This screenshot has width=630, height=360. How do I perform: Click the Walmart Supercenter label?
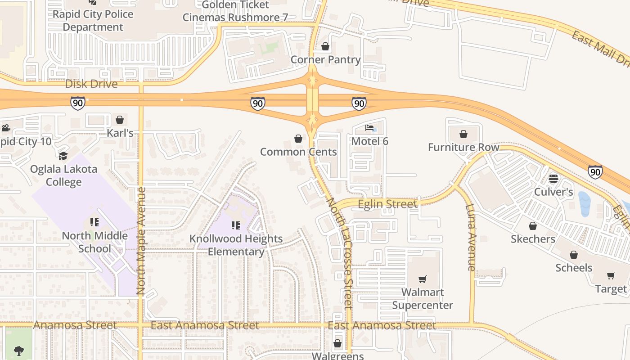click(422, 299)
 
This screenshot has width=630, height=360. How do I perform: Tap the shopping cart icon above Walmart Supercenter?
click(422, 279)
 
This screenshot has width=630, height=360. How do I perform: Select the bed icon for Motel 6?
click(369, 128)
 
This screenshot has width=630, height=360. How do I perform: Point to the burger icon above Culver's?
click(553, 179)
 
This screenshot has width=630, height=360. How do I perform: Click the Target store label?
click(611, 289)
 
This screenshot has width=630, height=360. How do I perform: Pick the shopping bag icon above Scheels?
click(574, 255)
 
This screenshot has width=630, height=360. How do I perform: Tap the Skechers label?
click(533, 239)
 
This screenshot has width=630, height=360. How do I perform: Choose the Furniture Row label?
click(463, 147)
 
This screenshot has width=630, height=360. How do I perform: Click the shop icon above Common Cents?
click(298, 139)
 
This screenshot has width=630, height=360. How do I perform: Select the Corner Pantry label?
click(325, 59)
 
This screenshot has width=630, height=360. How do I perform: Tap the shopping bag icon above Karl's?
click(120, 120)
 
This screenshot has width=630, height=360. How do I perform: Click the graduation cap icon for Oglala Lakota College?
click(63, 156)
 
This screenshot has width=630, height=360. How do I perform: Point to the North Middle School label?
click(94, 242)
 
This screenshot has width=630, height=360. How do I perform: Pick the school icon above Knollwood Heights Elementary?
click(236, 225)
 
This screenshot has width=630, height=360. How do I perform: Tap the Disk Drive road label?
click(91, 84)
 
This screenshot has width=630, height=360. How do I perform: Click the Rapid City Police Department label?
click(93, 21)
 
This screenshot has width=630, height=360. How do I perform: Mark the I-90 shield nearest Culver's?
click(595, 171)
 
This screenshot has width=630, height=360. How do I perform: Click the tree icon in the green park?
click(19, 351)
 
